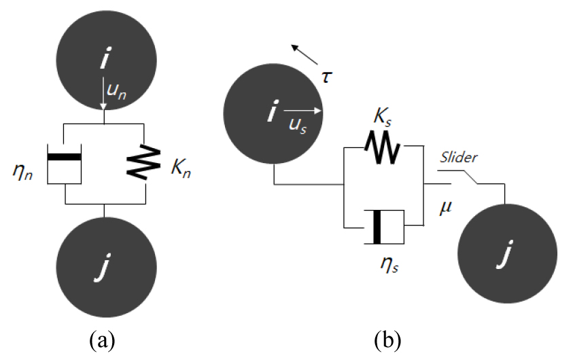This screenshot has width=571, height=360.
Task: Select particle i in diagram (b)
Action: click(x=273, y=115)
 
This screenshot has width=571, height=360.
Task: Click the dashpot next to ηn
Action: click(x=65, y=162)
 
